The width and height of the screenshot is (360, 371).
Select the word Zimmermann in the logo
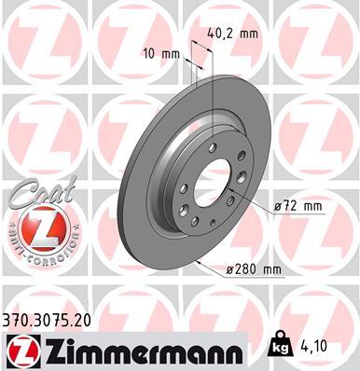[x=140, y=350]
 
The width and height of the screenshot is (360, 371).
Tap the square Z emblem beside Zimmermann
[x=21, y=350]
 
